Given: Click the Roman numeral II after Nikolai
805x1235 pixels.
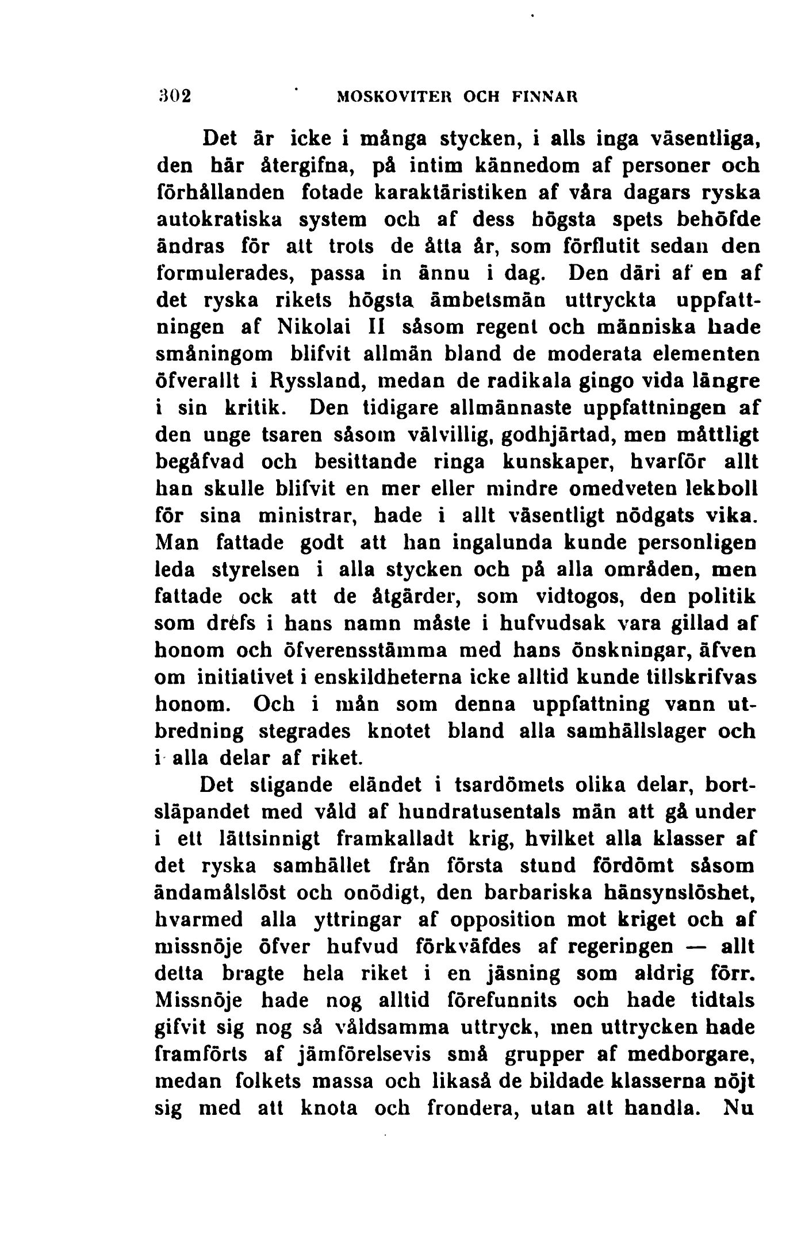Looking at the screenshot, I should point(376,327).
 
